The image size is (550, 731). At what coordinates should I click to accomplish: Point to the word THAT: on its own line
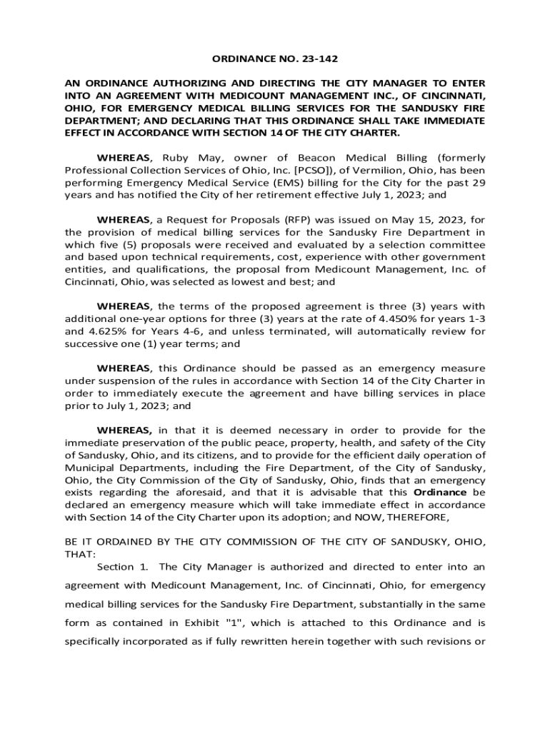point(79,554)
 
